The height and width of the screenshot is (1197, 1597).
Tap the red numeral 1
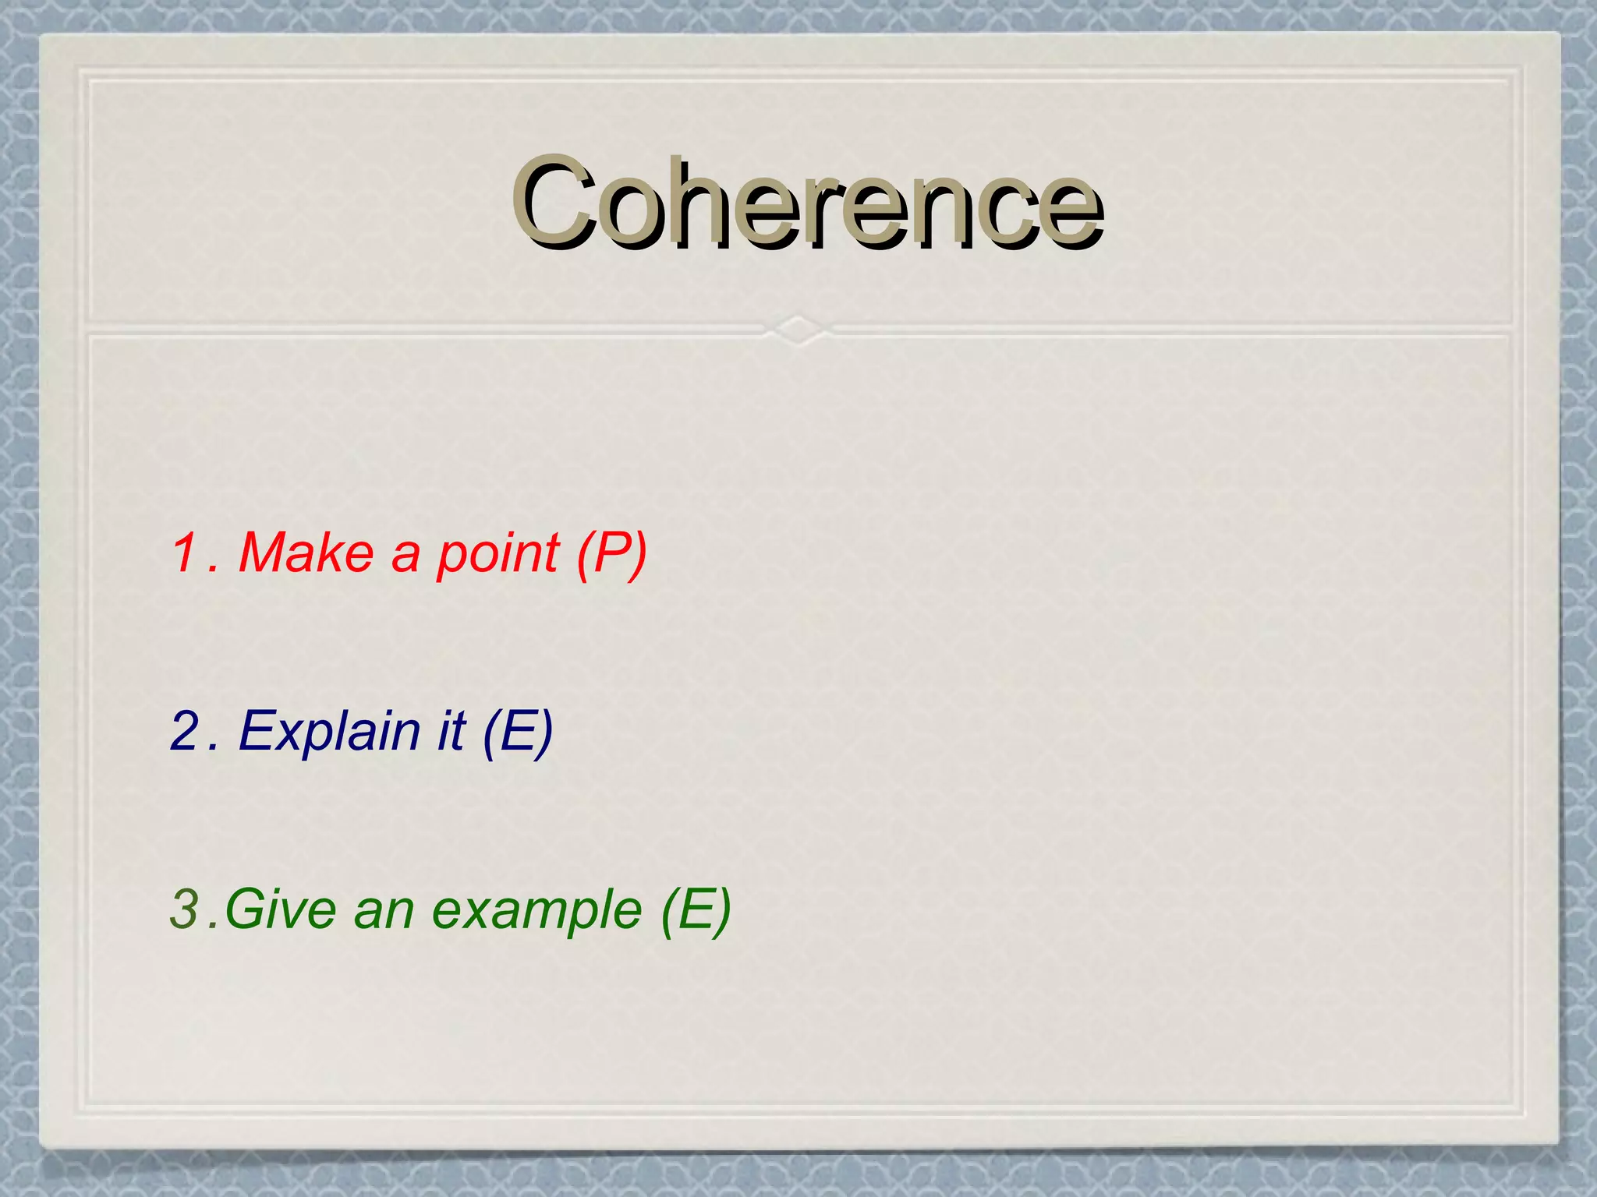pos(186,553)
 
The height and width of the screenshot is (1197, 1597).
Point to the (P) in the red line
pos(611,554)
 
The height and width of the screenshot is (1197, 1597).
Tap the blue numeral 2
pos(186,731)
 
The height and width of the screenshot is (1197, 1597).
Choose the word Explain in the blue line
pos(330,733)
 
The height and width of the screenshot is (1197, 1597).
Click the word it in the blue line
pos(451,731)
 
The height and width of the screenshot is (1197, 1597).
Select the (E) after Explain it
pos(518,732)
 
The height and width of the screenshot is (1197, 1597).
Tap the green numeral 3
pos(185,909)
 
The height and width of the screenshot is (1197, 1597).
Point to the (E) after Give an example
pos(696,910)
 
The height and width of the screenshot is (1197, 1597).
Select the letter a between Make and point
pos(405,555)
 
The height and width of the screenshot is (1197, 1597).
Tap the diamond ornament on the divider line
pos(797,330)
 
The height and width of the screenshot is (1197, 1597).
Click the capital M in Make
pos(264,553)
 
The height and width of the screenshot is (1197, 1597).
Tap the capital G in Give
pos(245,909)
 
